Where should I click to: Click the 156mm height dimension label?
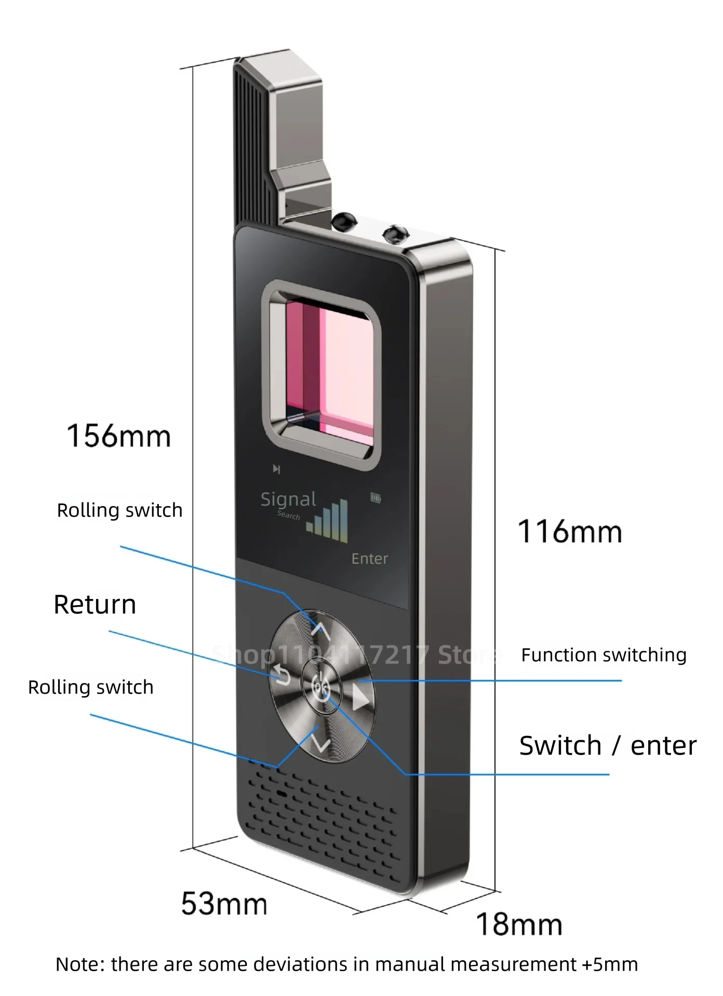[119, 436]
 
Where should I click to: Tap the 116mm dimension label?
[570, 532]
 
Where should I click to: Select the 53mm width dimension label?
[224, 904]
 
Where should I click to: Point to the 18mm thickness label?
[519, 924]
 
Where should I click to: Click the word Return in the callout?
[95, 605]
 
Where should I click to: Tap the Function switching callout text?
[604, 655]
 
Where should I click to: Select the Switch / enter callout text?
[608, 746]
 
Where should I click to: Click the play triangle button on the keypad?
[360, 698]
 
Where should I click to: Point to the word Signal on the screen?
[288, 499]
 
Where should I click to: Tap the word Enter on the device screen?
[369, 558]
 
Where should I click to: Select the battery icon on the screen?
[376, 498]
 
